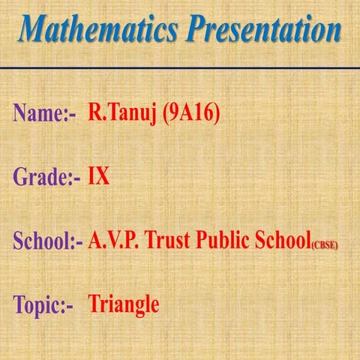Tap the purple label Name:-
click(x=45, y=114)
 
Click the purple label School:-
click(x=47, y=242)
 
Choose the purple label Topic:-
click(x=44, y=306)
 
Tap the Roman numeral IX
click(x=99, y=178)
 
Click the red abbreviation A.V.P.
click(x=113, y=241)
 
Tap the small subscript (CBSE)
click(x=323, y=246)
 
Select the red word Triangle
click(x=124, y=305)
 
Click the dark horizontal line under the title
click(x=180, y=67)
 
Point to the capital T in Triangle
click(x=94, y=304)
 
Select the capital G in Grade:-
click(x=20, y=178)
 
